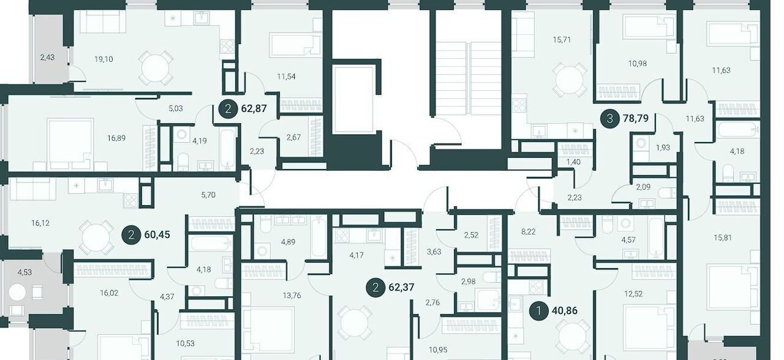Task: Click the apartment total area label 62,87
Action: tap(254, 108)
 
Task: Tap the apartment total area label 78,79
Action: tap(636, 119)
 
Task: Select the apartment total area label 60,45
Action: tap(157, 234)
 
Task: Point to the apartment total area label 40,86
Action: tap(565, 310)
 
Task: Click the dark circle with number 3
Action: tap(609, 119)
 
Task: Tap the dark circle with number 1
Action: tap(538, 310)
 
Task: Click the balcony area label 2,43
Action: tap(47, 58)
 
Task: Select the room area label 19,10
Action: tap(104, 59)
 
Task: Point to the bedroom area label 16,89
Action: tap(116, 138)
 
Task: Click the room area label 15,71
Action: tap(562, 40)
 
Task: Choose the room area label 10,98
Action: tap(638, 64)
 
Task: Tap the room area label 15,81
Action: tap(723, 238)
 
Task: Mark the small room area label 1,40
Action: tap(573, 162)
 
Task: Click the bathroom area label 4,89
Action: tap(288, 242)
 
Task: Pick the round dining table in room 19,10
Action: tap(156, 67)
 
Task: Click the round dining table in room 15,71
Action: tap(570, 80)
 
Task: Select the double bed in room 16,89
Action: tap(70, 144)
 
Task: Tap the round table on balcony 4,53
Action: tap(18, 293)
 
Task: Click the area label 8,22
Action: tap(529, 231)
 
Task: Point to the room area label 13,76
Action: tap(292, 296)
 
